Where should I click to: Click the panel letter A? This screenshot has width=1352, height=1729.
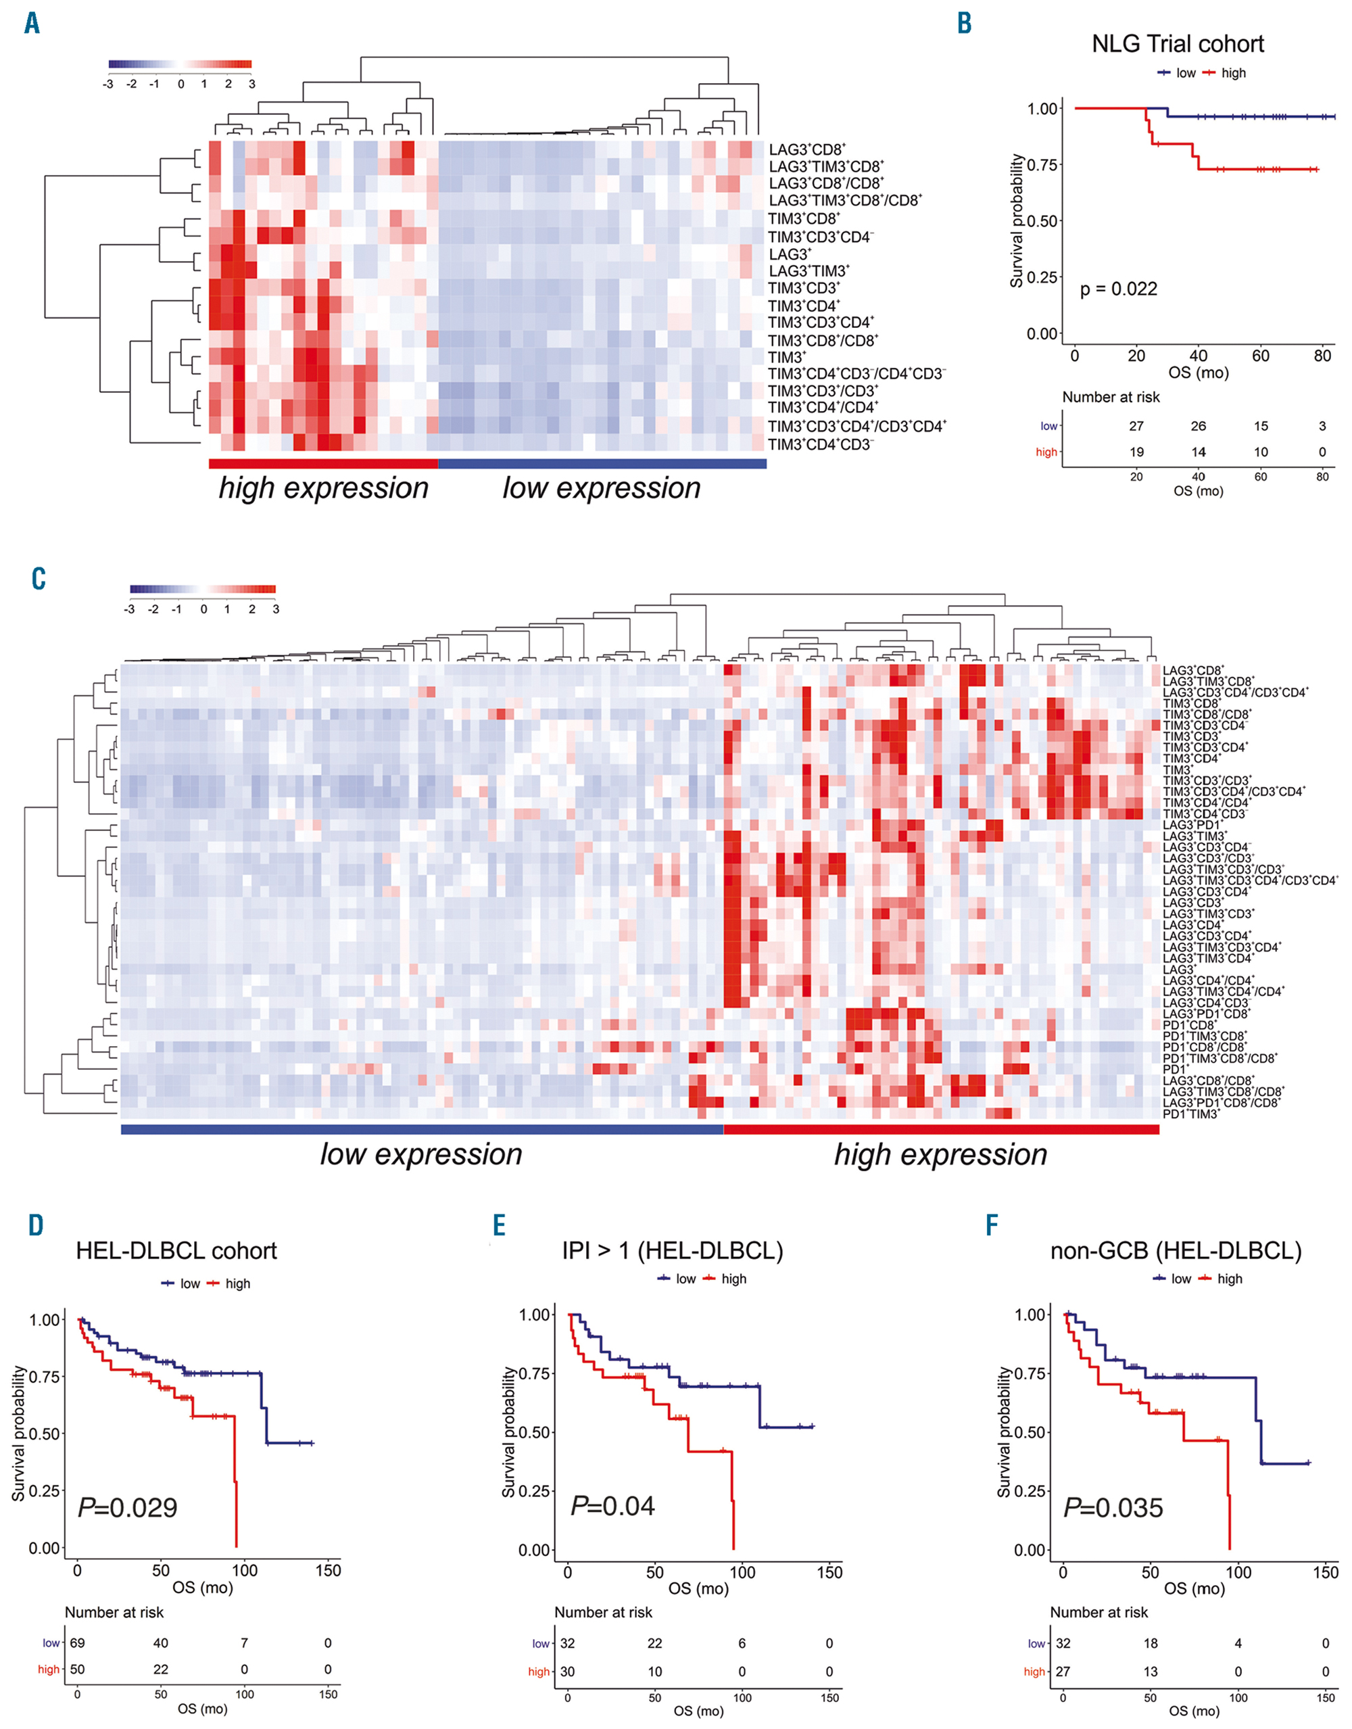click(x=32, y=23)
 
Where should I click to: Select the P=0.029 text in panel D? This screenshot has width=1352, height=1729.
click(x=128, y=1507)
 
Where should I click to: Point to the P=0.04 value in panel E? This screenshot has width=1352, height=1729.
click(x=612, y=1505)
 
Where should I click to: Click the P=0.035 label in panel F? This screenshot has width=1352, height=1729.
click(x=1113, y=1507)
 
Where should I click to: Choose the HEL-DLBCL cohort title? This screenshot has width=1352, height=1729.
click(x=176, y=1251)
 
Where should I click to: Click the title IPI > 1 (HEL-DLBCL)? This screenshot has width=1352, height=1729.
click(x=672, y=1251)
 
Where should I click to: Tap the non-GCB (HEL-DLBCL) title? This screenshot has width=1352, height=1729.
click(x=1176, y=1251)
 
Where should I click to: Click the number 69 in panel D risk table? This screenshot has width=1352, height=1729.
click(x=77, y=1642)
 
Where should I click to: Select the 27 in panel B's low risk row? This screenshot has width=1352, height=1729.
click(x=1136, y=426)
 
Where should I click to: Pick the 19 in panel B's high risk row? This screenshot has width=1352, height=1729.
click(x=1136, y=452)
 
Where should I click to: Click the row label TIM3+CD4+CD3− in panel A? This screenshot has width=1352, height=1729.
click(x=820, y=445)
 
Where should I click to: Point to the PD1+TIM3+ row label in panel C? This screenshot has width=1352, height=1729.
click(x=1190, y=1114)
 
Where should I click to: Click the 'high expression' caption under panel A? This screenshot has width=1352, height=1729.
click(x=324, y=488)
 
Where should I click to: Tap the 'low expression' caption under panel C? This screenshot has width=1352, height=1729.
click(x=421, y=1154)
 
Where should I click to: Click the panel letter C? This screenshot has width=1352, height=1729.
click(x=38, y=579)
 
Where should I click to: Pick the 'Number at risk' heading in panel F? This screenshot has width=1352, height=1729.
click(x=1098, y=1612)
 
